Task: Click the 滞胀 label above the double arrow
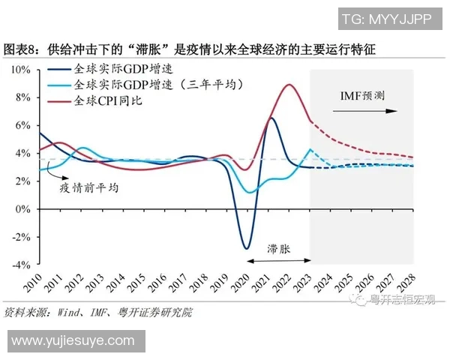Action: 278,247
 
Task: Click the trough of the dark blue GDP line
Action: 245,248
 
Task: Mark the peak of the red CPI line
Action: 289,85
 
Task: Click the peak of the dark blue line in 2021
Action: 271,118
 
